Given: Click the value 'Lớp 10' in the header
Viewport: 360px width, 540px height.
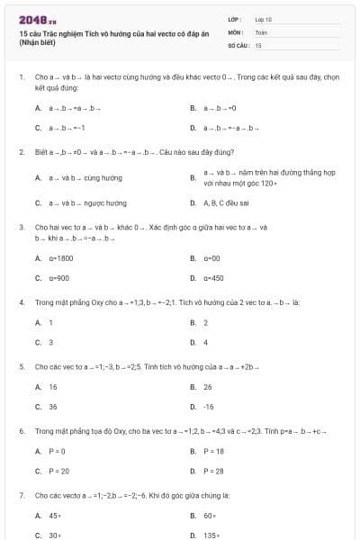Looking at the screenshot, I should [x=263, y=18].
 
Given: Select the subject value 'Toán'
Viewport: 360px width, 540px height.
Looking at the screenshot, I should [x=261, y=31].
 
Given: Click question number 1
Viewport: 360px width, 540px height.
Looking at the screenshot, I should [x=21, y=78].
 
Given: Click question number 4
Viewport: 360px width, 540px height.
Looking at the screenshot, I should [x=21, y=302].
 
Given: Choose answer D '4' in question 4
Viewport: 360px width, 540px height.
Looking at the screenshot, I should [x=206, y=342].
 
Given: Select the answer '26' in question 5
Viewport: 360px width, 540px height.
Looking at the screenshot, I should [x=208, y=387].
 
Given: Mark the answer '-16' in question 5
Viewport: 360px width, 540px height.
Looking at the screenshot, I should [x=209, y=407].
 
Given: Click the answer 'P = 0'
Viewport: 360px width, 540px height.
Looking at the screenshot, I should [x=57, y=451].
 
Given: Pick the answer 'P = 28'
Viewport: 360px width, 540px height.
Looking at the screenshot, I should [x=213, y=471].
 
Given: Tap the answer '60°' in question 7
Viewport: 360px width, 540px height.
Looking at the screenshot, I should [x=209, y=516].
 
